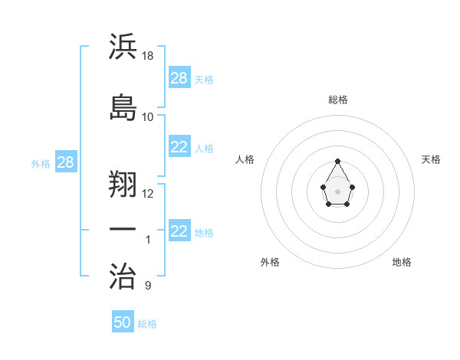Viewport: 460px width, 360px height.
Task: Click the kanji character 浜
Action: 123,47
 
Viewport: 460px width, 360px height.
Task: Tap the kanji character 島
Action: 123,106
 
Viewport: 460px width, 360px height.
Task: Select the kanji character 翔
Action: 123,183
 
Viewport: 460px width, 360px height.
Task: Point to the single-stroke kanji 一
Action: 123,230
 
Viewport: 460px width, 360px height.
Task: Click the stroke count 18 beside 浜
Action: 149,56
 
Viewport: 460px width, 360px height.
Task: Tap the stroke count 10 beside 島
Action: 148,116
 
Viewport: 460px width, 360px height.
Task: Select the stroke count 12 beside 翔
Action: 148,193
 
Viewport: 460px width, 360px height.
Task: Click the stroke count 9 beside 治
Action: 148,286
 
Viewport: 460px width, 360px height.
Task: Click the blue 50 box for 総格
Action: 123,322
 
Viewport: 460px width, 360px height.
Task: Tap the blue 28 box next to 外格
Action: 65,163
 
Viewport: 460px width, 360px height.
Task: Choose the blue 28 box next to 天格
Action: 179,78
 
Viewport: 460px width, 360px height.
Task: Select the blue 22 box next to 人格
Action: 179,147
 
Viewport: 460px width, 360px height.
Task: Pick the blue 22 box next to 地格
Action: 179,231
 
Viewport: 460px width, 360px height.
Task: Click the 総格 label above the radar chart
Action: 338,100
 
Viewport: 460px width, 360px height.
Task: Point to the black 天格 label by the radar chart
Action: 431,159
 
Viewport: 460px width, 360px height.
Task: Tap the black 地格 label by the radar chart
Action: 402,262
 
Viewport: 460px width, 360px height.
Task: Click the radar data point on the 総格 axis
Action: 338,161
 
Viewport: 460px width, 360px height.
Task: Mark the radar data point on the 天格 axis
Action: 352,186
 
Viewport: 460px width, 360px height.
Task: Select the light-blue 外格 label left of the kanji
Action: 40,163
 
